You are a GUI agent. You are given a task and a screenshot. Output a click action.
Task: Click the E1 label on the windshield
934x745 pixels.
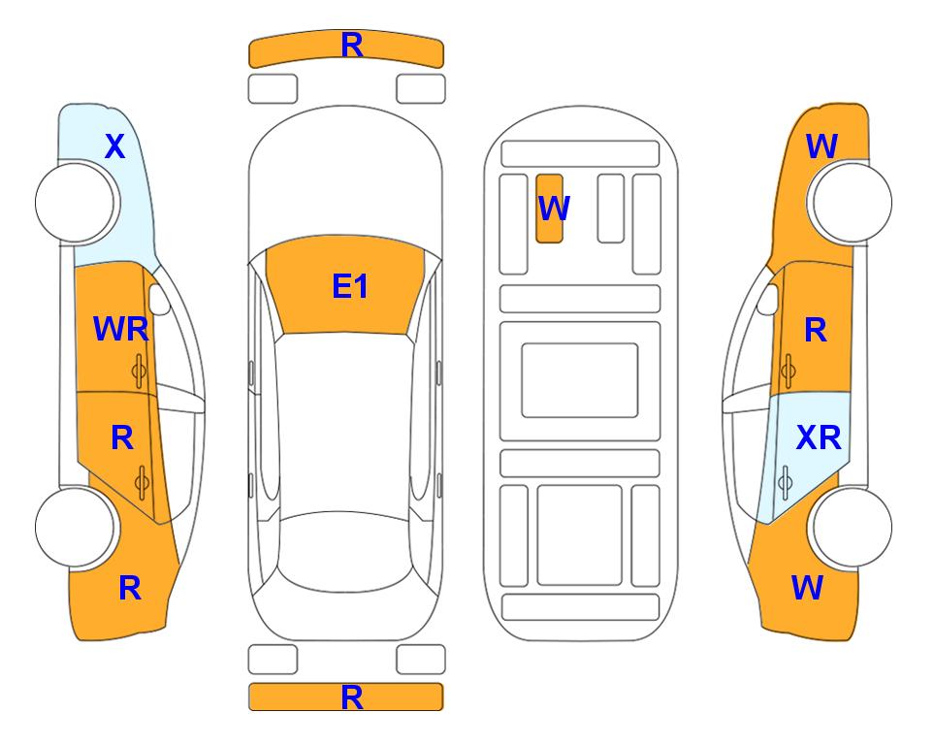click(x=350, y=286)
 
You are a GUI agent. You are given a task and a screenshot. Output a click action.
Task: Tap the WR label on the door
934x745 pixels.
click(x=121, y=329)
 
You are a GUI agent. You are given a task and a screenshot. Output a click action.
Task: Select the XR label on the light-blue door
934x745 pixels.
click(x=819, y=438)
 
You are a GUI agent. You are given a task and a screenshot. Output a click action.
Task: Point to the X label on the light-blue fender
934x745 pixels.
click(x=115, y=146)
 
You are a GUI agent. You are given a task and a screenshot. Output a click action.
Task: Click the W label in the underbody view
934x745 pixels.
click(x=554, y=208)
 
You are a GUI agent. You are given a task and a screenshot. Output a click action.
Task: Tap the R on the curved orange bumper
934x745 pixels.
click(x=352, y=46)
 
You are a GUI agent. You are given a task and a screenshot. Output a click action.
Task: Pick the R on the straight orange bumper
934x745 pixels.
click(x=352, y=697)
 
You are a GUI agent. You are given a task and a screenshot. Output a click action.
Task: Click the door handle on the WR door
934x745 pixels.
click(x=139, y=371)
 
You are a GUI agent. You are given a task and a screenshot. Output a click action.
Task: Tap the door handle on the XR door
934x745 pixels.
click(x=785, y=482)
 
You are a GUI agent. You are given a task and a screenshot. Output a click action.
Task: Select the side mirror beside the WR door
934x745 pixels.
click(x=159, y=299)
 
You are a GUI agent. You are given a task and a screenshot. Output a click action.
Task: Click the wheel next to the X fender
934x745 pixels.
click(x=75, y=203)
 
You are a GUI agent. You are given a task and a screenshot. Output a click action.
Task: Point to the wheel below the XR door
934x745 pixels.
click(x=853, y=527)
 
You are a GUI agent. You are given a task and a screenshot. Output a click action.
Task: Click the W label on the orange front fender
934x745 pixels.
click(x=821, y=146)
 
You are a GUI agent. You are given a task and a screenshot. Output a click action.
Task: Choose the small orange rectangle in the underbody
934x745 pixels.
click(x=549, y=209)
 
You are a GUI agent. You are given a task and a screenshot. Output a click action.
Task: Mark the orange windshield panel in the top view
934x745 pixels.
click(x=345, y=285)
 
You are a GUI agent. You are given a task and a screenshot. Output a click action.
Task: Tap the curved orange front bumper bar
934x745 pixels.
click(x=346, y=49)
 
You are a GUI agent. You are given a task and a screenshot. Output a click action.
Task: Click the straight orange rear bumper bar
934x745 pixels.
click(x=346, y=697)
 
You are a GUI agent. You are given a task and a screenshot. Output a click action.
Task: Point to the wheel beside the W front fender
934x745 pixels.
click(x=853, y=203)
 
